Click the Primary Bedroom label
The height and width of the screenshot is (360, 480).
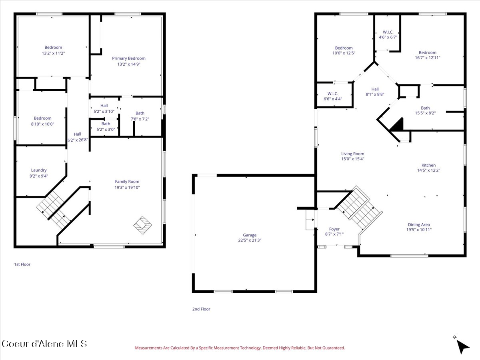128,58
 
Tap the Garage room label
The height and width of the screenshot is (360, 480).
250,235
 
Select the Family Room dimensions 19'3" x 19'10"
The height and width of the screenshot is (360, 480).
127,187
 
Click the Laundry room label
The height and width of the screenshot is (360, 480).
39,170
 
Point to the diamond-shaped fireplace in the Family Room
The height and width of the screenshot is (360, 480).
142,225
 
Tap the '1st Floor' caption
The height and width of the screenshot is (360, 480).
22,264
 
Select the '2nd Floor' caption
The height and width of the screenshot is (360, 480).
201,309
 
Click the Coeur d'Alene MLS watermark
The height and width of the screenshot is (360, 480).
44,344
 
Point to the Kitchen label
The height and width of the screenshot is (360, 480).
428,165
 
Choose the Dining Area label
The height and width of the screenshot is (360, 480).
419,224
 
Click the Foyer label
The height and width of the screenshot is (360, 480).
334,229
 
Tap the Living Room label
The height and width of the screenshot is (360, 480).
352,154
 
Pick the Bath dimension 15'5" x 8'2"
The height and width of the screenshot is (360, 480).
425,113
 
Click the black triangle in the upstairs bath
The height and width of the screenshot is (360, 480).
398,125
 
